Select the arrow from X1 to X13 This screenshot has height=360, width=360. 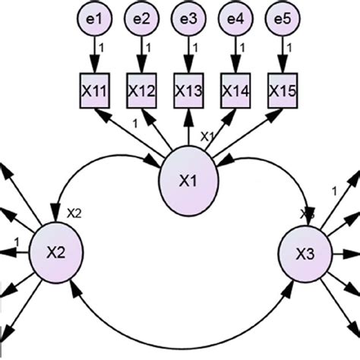188,129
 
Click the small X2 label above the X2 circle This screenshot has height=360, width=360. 74,213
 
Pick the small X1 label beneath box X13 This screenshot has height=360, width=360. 205,136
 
